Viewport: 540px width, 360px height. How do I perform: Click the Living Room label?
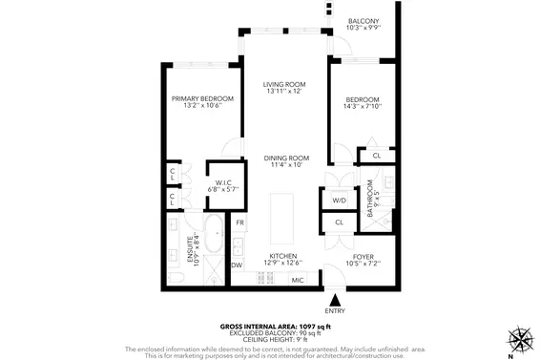tap(282, 85)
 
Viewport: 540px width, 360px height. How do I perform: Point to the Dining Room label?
tap(286, 158)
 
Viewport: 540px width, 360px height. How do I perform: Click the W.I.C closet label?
tap(224, 182)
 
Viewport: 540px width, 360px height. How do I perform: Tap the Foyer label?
tap(363, 257)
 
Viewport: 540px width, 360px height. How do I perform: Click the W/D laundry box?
tap(339, 201)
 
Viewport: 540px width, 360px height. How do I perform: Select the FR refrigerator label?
tap(240, 222)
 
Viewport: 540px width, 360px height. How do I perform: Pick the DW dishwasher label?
tap(238, 265)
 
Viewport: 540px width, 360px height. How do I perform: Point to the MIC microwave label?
tap(297, 280)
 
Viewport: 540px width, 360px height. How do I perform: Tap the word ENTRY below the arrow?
tap(335, 310)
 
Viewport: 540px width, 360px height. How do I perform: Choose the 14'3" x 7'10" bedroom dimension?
tap(363, 106)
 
